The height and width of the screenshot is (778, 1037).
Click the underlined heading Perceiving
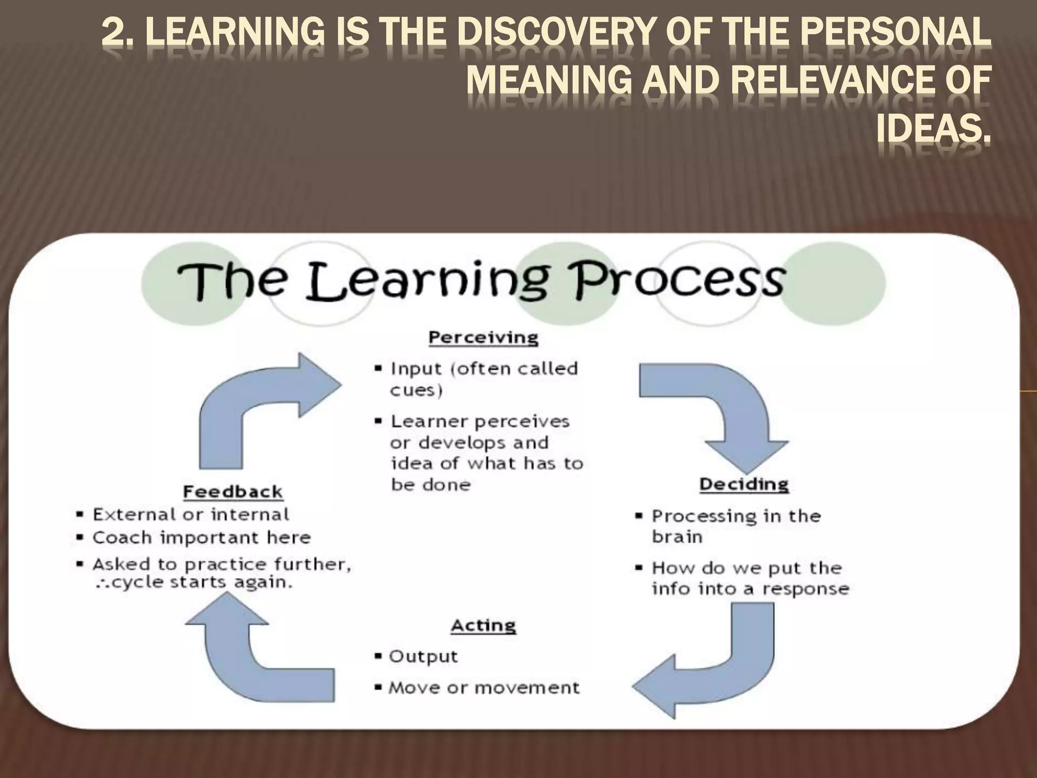click(x=483, y=337)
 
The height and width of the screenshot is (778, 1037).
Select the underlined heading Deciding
click(x=744, y=484)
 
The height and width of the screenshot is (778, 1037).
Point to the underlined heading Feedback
click(x=233, y=491)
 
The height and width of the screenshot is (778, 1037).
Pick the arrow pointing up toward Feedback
click(x=253, y=658)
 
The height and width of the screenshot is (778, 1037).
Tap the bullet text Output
click(x=423, y=656)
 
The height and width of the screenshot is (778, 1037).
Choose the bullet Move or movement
click(x=484, y=688)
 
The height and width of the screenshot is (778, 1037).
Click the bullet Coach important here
click(x=202, y=537)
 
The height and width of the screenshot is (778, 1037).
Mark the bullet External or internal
click(x=191, y=515)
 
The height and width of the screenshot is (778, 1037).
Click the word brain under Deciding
click(x=677, y=537)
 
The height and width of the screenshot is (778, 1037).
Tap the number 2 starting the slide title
click(x=112, y=34)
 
